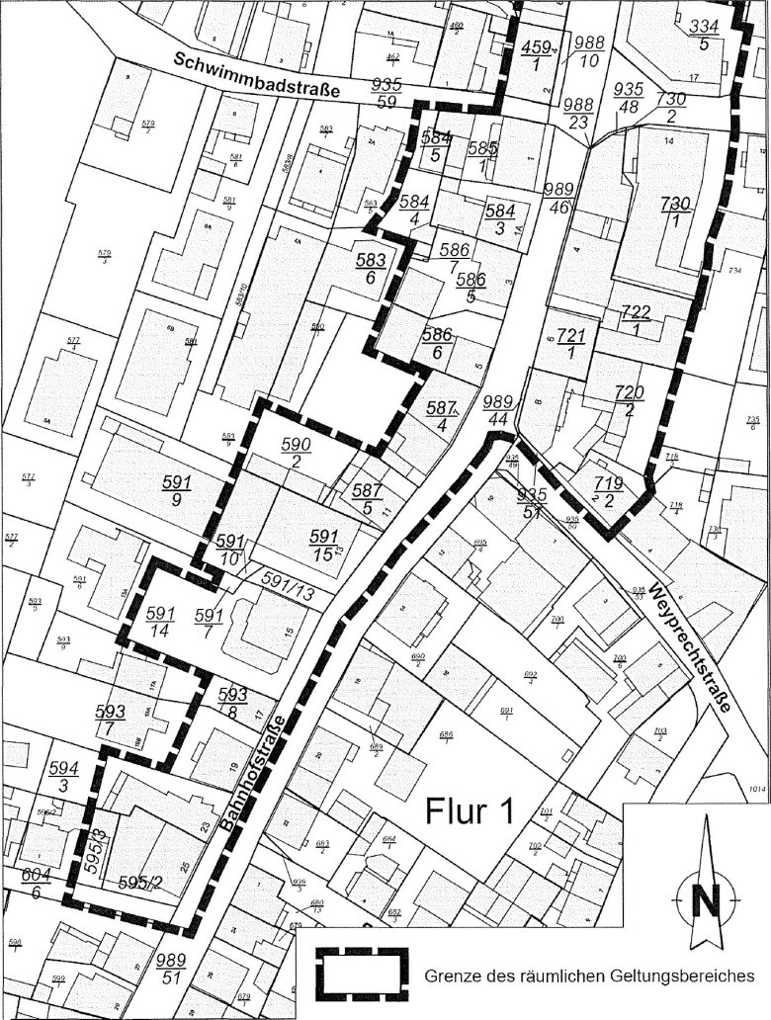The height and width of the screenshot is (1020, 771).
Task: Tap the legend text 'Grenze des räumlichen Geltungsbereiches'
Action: (x=590, y=976)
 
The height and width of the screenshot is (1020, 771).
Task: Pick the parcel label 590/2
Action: (x=299, y=455)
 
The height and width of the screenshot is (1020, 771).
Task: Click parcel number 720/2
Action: (x=628, y=401)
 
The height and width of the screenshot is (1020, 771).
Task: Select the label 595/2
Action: (x=138, y=882)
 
